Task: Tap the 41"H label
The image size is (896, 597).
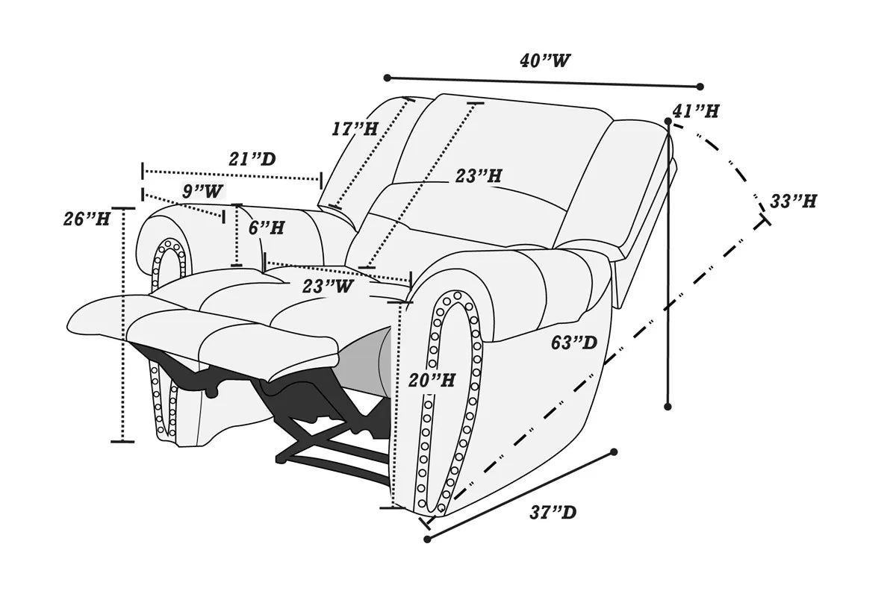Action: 696,112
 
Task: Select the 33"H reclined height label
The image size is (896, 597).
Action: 793,201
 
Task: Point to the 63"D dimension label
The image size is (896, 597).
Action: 574,343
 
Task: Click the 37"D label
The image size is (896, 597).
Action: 553,513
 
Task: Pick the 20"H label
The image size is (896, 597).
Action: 432,381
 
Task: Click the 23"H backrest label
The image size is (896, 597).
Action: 479,177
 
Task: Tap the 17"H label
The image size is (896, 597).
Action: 355,128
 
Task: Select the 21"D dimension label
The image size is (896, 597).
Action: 252,160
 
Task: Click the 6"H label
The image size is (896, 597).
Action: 267,228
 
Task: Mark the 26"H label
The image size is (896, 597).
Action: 87,219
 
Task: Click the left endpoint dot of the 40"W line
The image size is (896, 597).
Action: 387,78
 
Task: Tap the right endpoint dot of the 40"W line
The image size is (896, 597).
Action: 700,87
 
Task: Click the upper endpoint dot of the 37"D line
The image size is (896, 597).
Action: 614,452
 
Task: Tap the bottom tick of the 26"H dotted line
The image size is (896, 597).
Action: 122,442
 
